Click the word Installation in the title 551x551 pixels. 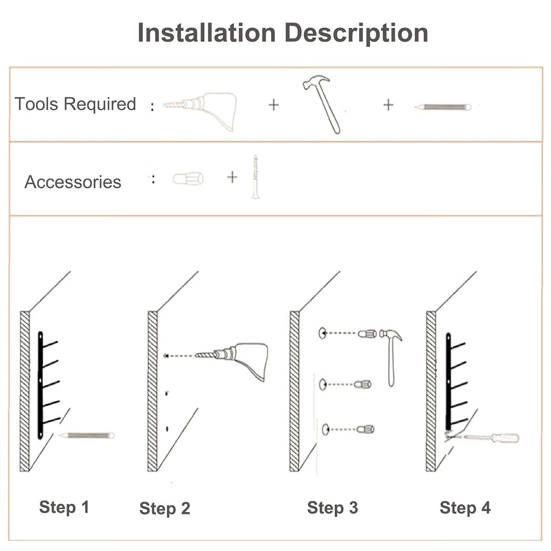206,33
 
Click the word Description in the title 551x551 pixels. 356,33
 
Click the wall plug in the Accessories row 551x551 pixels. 188,179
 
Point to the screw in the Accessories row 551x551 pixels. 255,177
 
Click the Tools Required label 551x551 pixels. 75,104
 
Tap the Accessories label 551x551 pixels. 73,182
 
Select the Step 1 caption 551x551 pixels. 64,507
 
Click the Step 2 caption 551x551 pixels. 165,509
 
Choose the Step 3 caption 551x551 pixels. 332,508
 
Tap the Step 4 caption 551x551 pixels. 465,508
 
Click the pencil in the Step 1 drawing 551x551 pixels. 87,436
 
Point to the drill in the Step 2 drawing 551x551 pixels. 239,358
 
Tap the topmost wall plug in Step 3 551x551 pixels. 367,334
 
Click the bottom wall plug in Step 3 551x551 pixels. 366,429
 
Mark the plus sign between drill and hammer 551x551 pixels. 274,105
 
